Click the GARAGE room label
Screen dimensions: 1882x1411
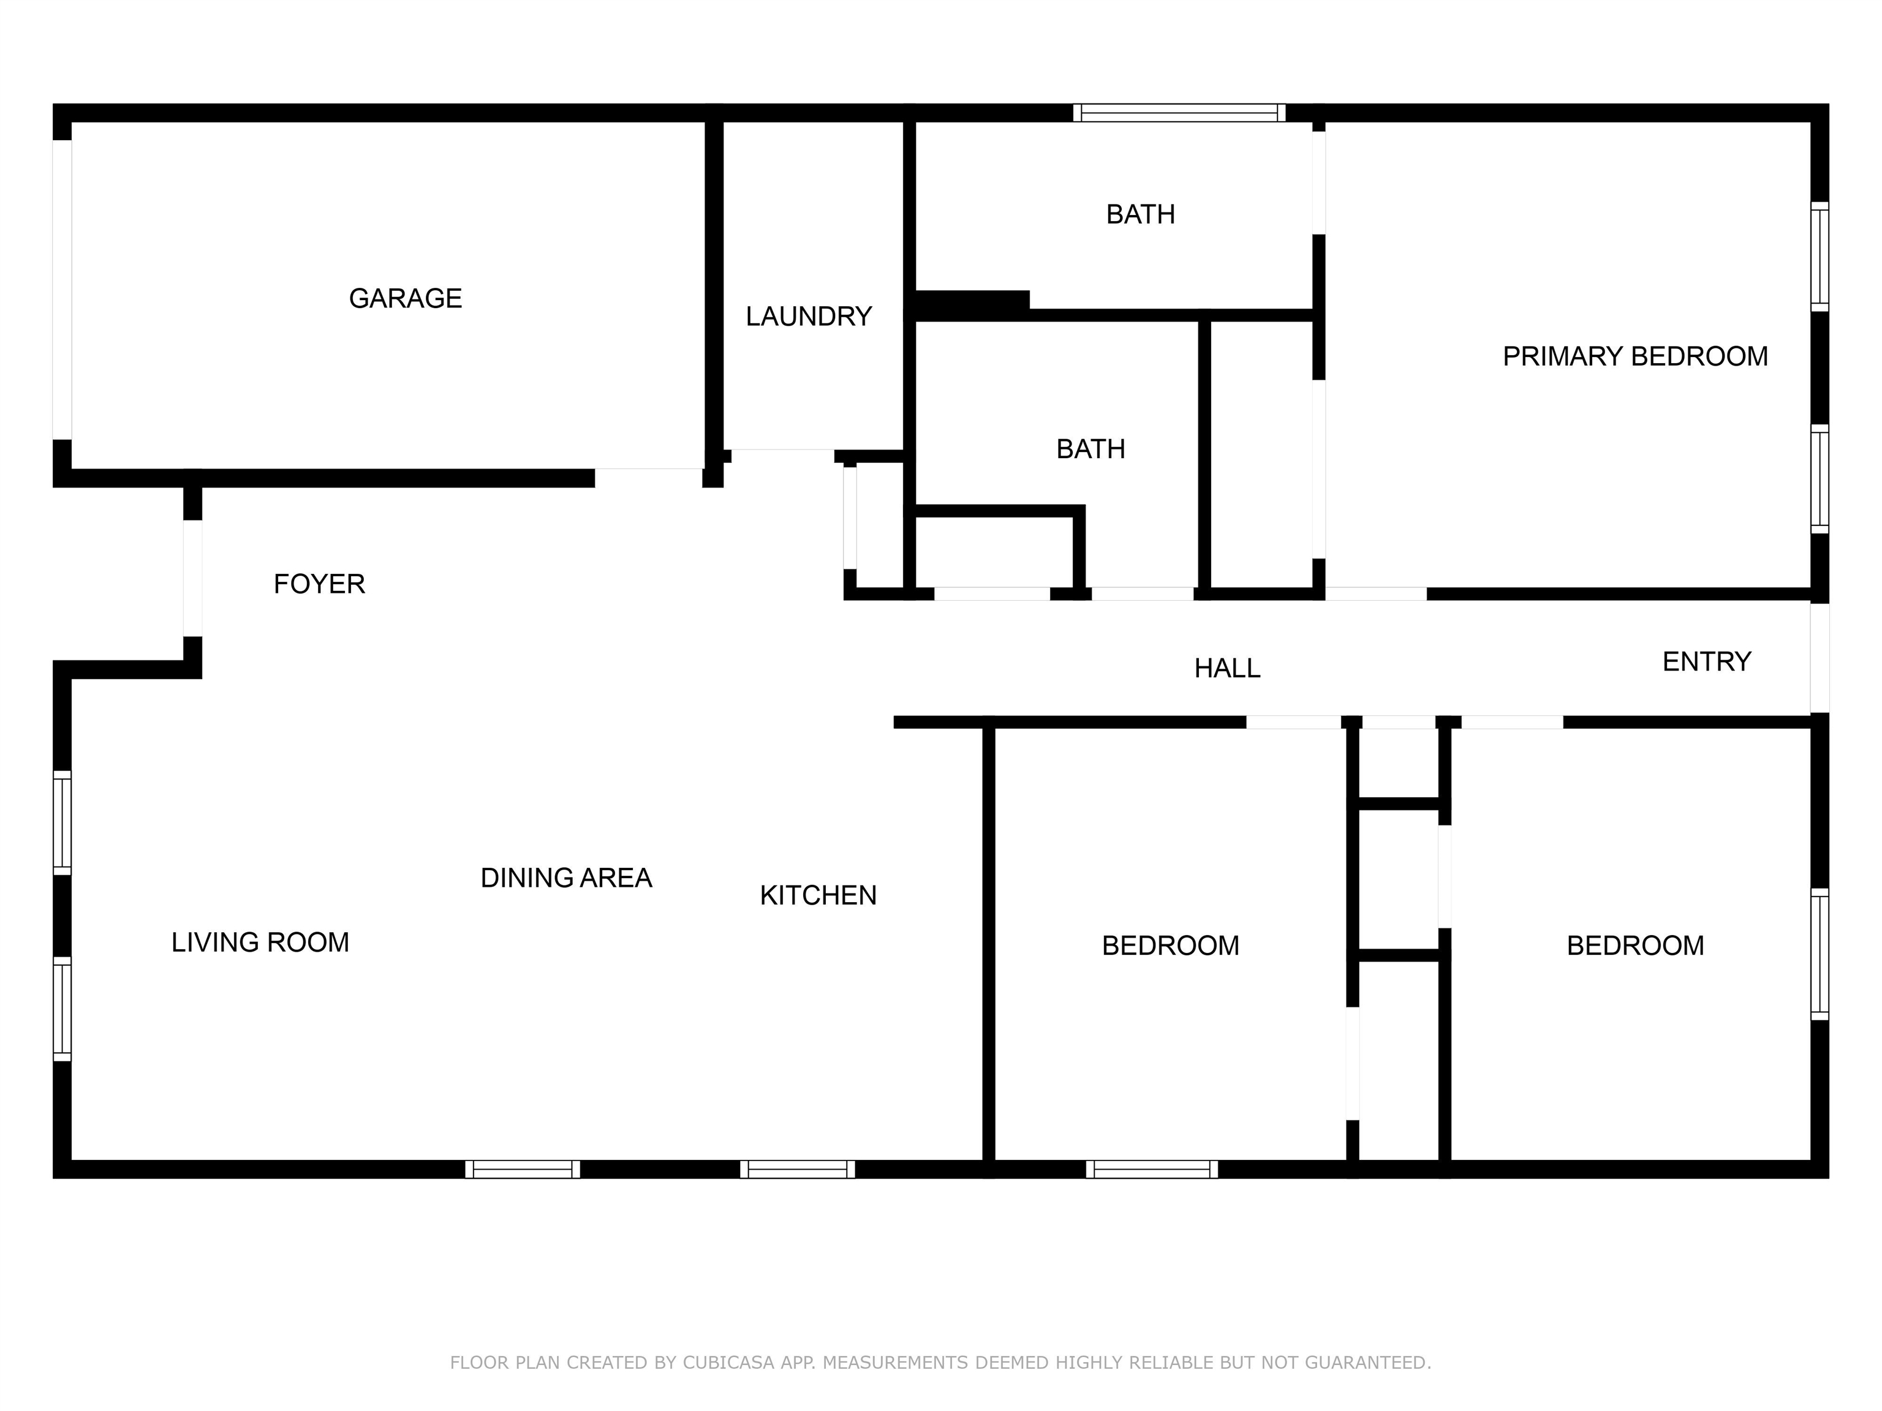[x=405, y=298]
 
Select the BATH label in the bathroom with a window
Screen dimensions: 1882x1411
[x=1140, y=214]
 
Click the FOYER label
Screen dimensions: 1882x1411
[x=319, y=584]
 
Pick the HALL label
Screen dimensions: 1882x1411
[x=1227, y=669]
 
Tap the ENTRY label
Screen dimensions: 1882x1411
[x=1706, y=661]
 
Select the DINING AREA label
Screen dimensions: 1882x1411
[x=566, y=878]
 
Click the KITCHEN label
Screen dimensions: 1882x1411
[x=818, y=895]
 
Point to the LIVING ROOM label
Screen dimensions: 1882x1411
[x=260, y=943]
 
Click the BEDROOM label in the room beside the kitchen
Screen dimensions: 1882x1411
[x=1170, y=946]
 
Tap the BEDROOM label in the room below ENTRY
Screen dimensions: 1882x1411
[x=1634, y=946]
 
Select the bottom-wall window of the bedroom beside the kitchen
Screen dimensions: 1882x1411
[x=1152, y=1170]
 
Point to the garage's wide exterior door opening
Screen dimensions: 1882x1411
[x=62, y=290]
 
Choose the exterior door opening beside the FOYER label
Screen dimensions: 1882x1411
[x=193, y=578]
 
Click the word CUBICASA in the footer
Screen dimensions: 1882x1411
[x=728, y=1363]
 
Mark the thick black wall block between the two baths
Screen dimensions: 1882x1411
[x=972, y=306]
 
